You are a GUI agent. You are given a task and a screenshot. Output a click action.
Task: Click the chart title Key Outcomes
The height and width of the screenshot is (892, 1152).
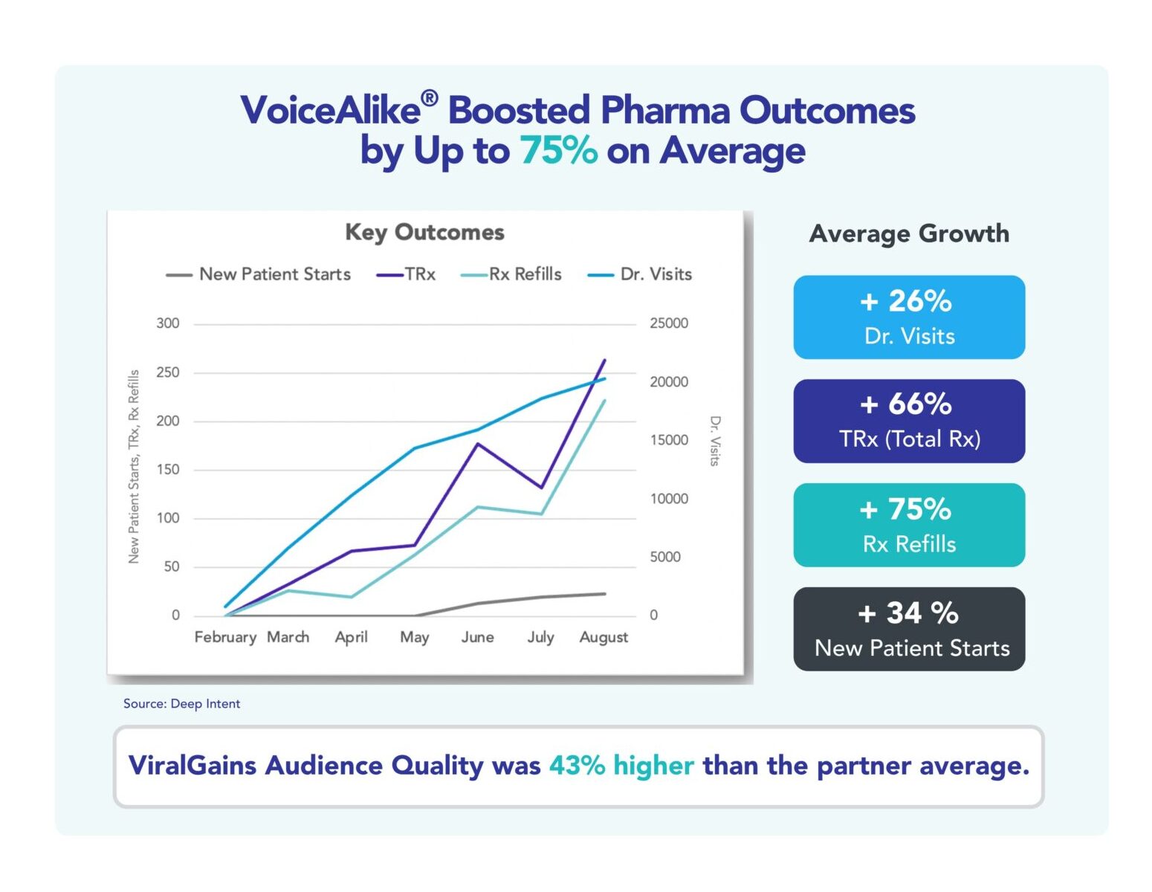pos(424,232)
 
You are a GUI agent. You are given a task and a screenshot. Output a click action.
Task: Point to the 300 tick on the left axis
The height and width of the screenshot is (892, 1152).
pos(168,323)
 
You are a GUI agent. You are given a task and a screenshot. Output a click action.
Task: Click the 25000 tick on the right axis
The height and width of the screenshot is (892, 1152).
pos(669,323)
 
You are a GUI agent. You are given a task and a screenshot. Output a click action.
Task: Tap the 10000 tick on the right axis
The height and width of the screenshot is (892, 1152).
pos(669,499)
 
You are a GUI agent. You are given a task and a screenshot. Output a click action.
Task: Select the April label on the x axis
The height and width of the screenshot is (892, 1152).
pos(351,637)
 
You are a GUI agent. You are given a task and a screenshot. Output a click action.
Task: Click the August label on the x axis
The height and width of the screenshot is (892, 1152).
pos(603,637)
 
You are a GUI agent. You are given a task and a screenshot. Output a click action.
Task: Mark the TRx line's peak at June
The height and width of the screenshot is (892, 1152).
pos(477,444)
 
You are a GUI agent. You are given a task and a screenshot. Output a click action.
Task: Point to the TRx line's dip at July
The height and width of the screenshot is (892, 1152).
pos(541,488)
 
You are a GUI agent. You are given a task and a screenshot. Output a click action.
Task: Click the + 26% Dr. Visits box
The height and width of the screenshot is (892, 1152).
pos(909,317)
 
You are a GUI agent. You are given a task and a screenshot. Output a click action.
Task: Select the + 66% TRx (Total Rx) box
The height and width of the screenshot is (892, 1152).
pos(909,421)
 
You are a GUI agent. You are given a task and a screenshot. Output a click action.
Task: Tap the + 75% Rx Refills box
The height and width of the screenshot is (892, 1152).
pos(909,525)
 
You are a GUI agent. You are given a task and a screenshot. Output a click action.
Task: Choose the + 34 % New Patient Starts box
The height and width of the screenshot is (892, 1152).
pos(909,629)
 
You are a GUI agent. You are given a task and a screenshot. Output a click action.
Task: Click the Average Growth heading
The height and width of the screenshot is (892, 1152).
pos(909,233)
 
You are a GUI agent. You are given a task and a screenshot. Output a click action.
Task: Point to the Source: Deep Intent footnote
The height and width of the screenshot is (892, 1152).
pos(181,703)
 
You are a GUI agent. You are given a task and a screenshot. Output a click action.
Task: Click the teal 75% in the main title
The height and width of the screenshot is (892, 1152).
pos(558,150)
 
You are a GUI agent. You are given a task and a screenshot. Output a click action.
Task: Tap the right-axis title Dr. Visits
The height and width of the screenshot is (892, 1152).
pos(715,441)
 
